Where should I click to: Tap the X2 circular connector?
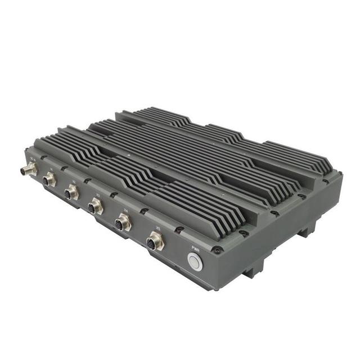pos(71,193)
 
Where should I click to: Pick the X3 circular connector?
pos(94,208)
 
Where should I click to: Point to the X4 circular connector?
pos(122,224)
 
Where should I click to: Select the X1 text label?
pos(52,169)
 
